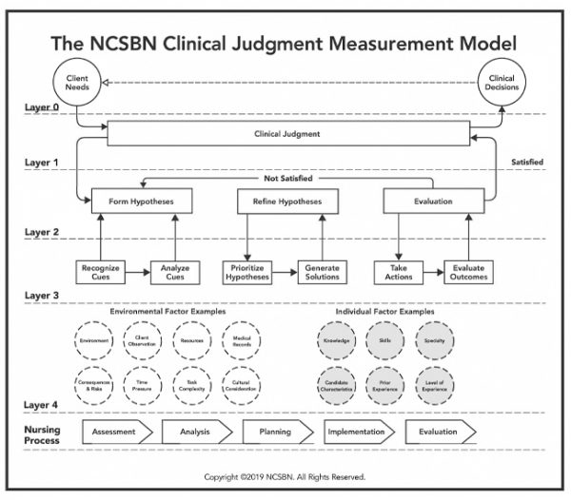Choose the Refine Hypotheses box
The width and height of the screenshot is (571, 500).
coord(285,201)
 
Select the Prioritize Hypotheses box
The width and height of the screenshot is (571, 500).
coord(246,273)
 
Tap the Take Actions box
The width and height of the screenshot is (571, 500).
coord(397,273)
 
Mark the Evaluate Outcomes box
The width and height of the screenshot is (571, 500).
coord(468,273)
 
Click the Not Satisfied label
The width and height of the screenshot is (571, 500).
coord(286,178)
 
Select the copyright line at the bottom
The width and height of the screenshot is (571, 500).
coord(285,476)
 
